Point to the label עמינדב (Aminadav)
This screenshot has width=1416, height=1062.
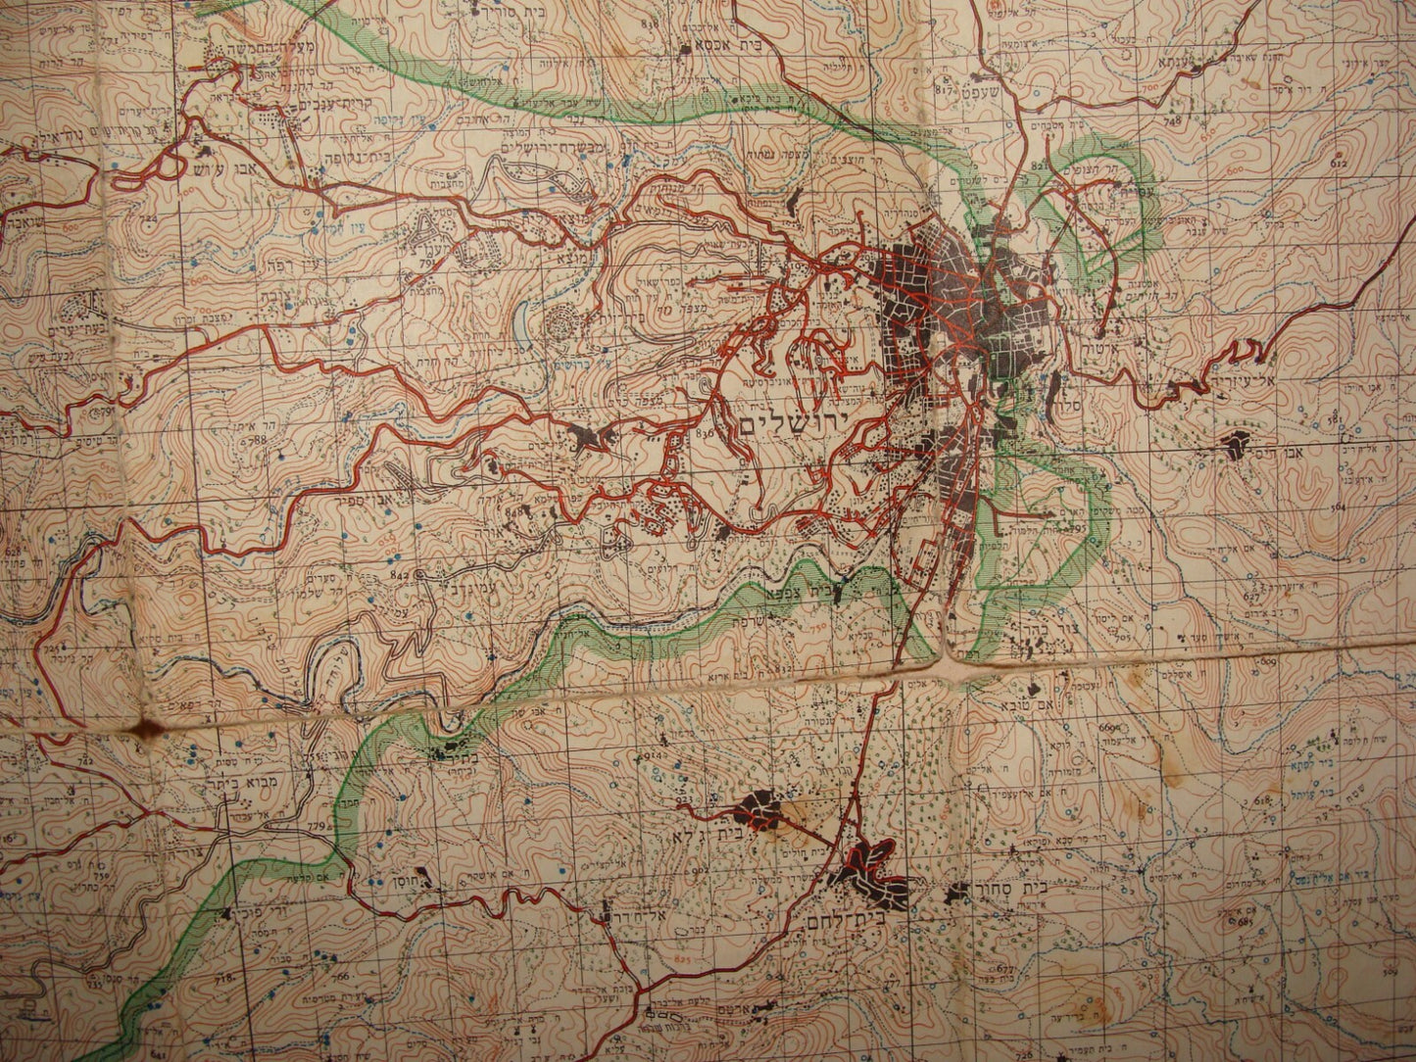(439, 587)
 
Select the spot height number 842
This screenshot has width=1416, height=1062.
(400, 573)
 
